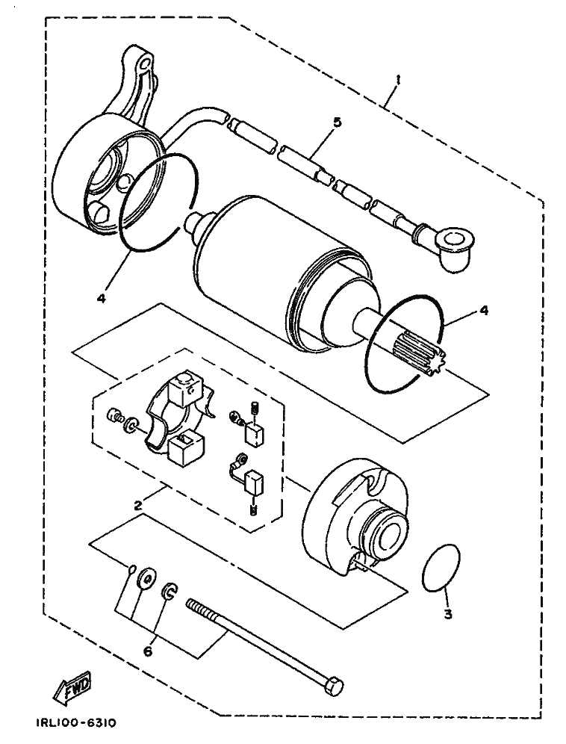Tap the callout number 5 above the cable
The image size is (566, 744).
337,122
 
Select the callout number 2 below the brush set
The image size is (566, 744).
138,505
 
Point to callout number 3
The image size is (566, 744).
448,615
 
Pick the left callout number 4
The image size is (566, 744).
101,299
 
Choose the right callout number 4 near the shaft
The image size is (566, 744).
483,311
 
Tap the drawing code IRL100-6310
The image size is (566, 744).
75,723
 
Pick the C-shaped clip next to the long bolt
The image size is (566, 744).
170,591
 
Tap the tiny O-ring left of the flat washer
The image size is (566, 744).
133,568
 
